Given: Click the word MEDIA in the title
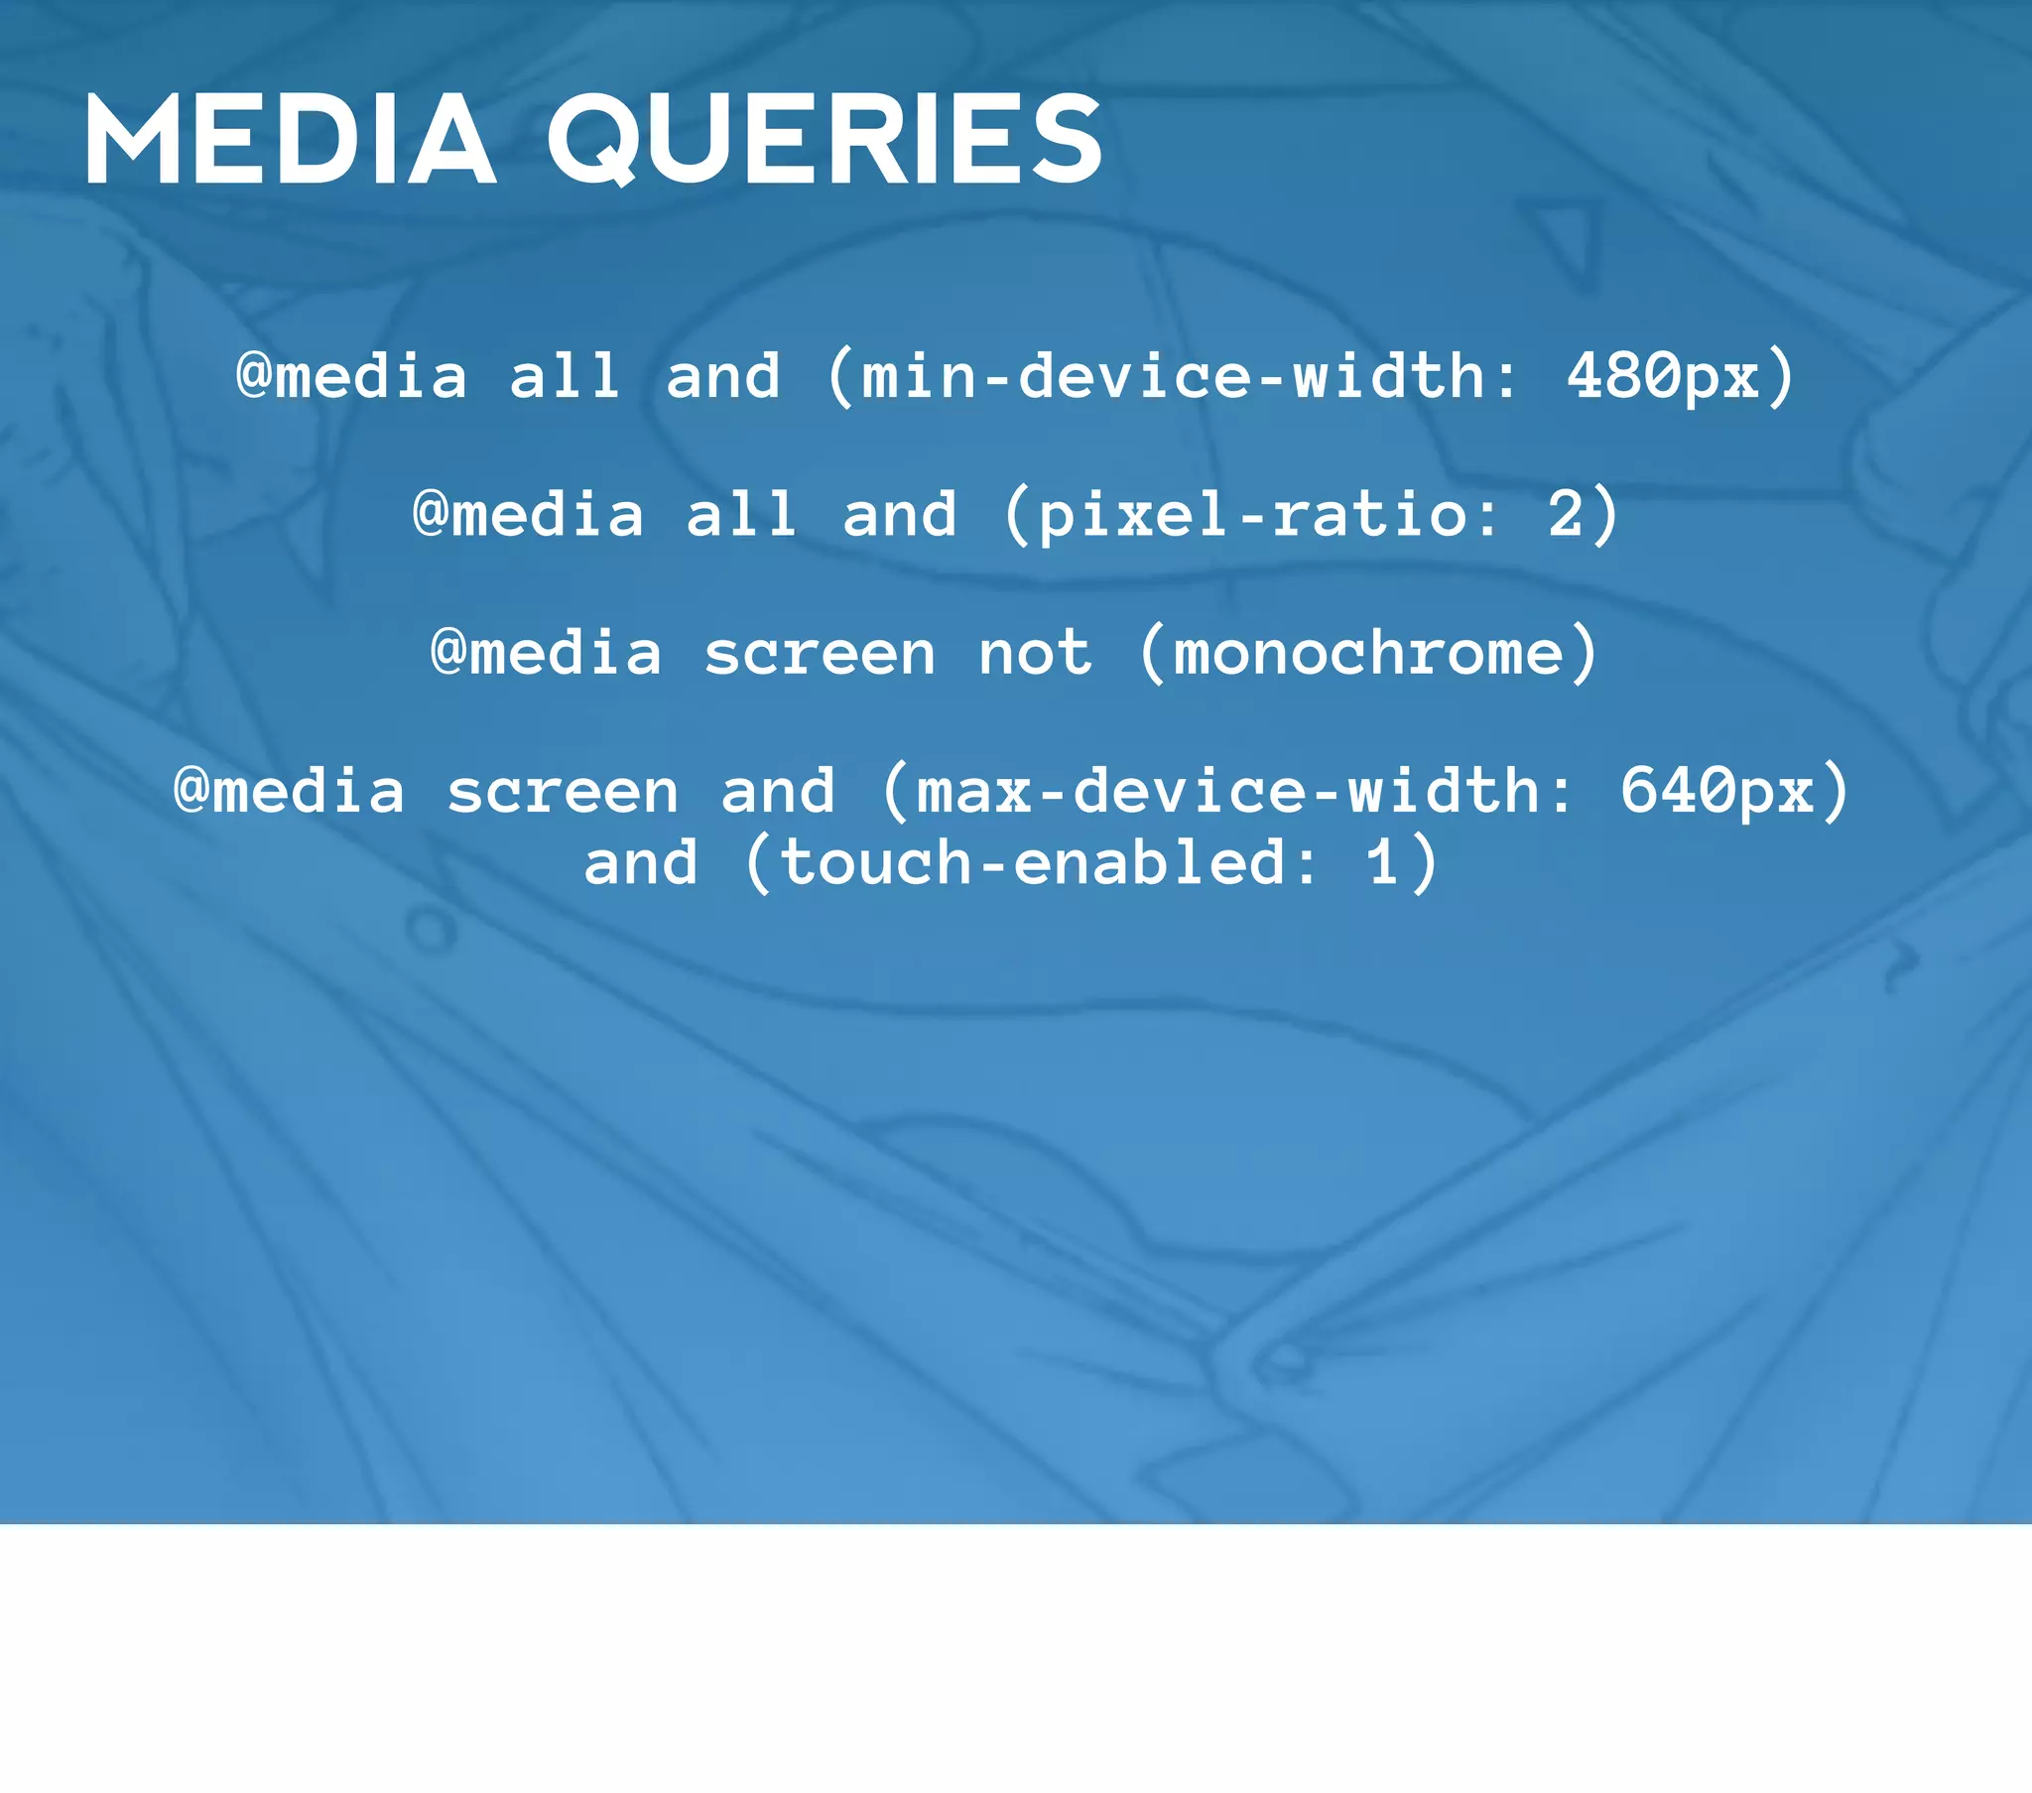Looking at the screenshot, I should pyautogui.click(x=291, y=139).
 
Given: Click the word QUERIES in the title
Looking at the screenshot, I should pyautogui.click(x=825, y=139).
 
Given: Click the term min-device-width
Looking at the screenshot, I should pyautogui.click(x=1173, y=377).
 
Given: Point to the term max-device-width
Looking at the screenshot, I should pyautogui.click(x=1228, y=792).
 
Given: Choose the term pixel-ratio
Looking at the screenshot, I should pyautogui.click(x=1251, y=515).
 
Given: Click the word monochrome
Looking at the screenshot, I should pyautogui.click(x=1369, y=653).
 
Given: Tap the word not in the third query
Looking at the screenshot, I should pyautogui.click(x=1035, y=653).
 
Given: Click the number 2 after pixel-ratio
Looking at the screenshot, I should pyautogui.click(x=1564, y=515).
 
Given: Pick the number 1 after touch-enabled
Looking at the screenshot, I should pyautogui.click(x=1383, y=862).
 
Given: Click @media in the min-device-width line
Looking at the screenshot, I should pyautogui.click(x=351, y=377).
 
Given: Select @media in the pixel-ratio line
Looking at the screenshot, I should pyautogui.click(x=528, y=515).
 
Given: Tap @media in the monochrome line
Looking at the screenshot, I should pyautogui.click(x=546, y=653).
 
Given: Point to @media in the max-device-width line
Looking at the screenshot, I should pyautogui.click(x=290, y=792).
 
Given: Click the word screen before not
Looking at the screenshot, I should pyautogui.click(x=820, y=653).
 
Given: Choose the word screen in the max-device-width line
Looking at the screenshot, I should pyautogui.click(x=563, y=792).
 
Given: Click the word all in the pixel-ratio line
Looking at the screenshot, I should pyautogui.click(x=740, y=515).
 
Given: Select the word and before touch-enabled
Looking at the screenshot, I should pyautogui.click(x=641, y=862).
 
